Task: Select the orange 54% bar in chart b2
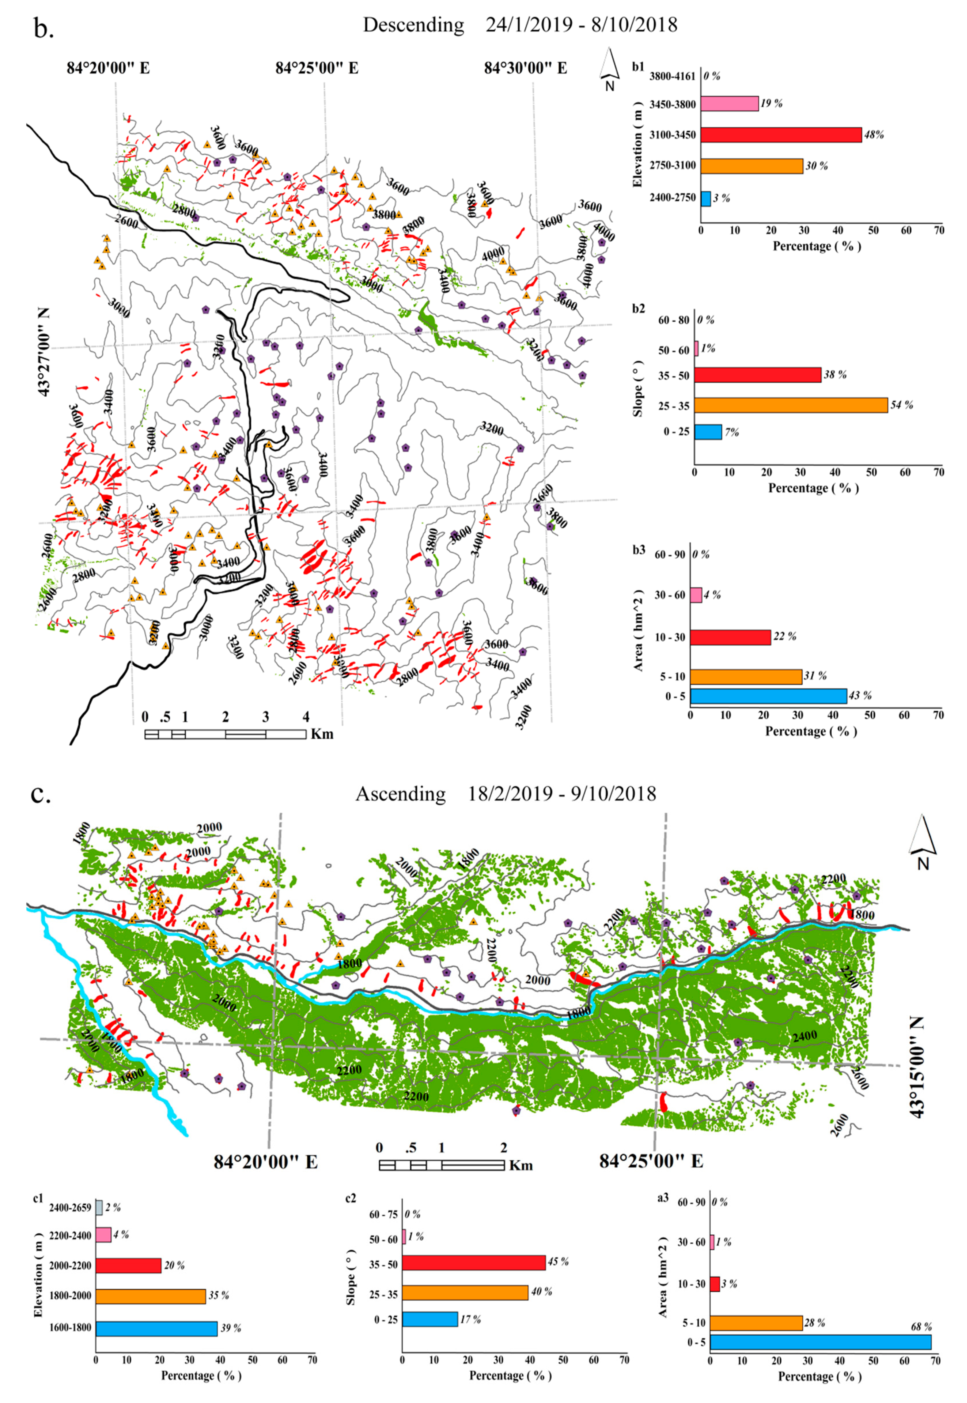tap(791, 405)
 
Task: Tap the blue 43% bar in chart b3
tap(768, 696)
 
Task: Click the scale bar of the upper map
tap(225, 734)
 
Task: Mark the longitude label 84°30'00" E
tap(525, 68)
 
